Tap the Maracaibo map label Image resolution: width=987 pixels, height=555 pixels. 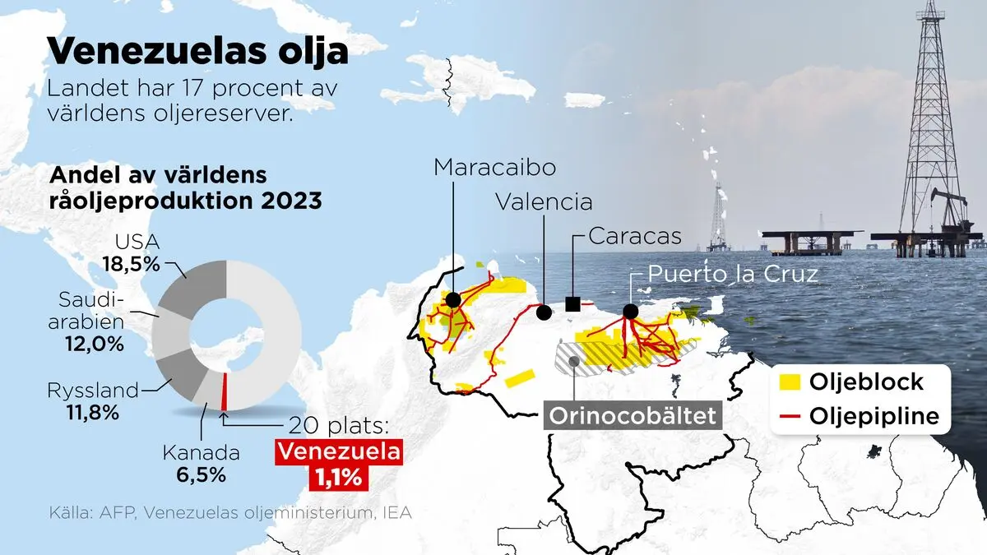pos(495,167)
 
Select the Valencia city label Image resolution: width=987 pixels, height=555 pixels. pos(543,201)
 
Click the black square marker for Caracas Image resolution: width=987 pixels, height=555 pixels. pos(573,305)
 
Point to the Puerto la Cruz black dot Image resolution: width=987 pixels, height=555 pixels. pos(630,312)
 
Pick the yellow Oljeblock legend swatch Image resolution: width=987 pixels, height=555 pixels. pos(788,382)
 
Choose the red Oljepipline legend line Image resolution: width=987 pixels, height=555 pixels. pos(788,416)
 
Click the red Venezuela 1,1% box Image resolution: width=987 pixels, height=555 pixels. pos(339,464)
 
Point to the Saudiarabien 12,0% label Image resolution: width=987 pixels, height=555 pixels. pos(91,321)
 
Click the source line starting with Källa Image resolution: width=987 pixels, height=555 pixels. pos(229,512)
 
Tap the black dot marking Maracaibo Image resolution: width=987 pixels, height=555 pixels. pos(452,300)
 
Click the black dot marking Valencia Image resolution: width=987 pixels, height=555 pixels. pos(544,312)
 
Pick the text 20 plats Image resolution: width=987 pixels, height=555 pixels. pos(340,426)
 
